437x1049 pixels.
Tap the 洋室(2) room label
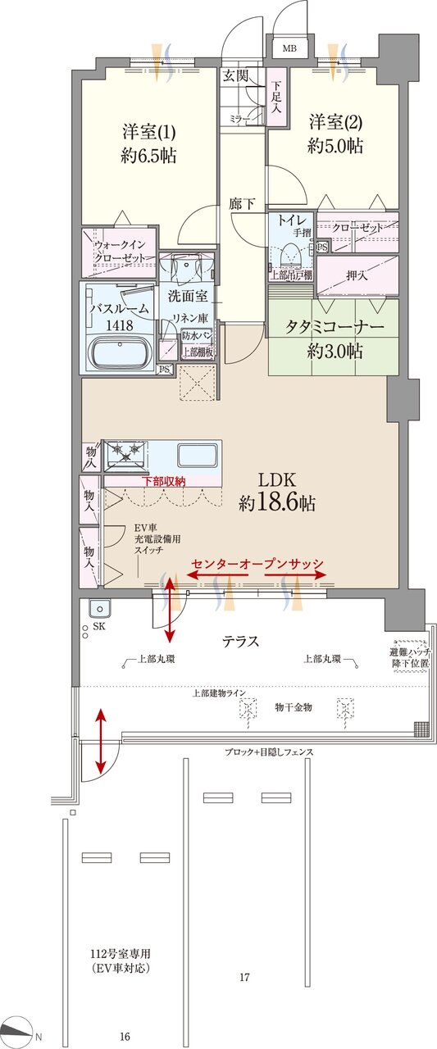pos(335,134)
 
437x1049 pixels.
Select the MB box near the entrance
pos(289,48)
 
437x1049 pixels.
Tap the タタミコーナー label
pos(335,338)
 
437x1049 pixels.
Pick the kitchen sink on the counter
pos(197,454)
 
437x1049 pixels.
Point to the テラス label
pos(241,642)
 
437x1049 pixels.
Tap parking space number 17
pos(244,977)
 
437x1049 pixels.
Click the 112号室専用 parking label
pos(121,961)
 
